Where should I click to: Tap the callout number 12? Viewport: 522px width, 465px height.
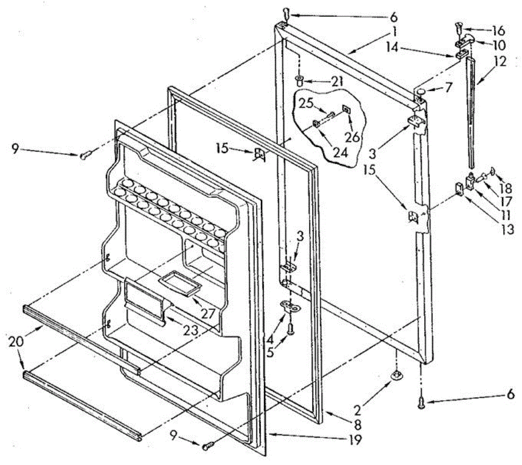click(500, 62)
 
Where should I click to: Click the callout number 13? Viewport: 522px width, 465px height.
click(507, 229)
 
